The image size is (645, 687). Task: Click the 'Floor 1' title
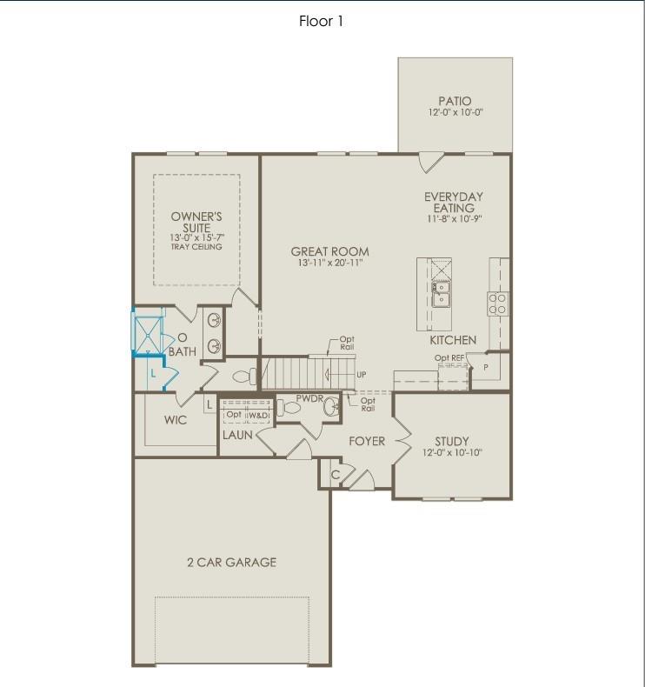(x=322, y=22)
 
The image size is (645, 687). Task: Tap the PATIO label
(x=455, y=101)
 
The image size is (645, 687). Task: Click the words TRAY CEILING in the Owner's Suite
(x=196, y=247)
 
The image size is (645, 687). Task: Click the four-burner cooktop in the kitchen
(x=497, y=303)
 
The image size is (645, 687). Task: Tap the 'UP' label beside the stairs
(x=361, y=375)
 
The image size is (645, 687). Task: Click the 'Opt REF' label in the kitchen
(x=449, y=357)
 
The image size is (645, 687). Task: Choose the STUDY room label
(x=451, y=441)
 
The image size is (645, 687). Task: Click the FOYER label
(x=367, y=442)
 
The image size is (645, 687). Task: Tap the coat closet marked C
(x=336, y=475)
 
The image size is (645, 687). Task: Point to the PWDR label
(x=309, y=398)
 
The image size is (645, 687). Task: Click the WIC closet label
(x=176, y=420)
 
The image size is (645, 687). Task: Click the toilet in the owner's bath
(x=243, y=377)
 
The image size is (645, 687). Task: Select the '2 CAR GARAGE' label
(x=231, y=562)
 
